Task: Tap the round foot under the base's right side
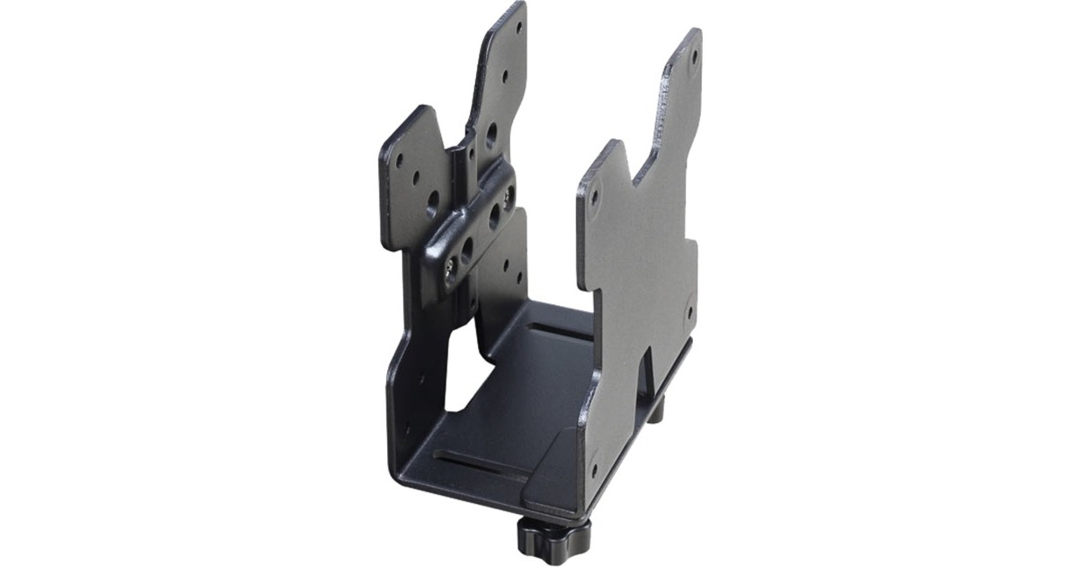[655, 409]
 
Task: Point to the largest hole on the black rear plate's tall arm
[491, 136]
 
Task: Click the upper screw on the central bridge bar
[510, 193]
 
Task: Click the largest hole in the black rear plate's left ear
[432, 201]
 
